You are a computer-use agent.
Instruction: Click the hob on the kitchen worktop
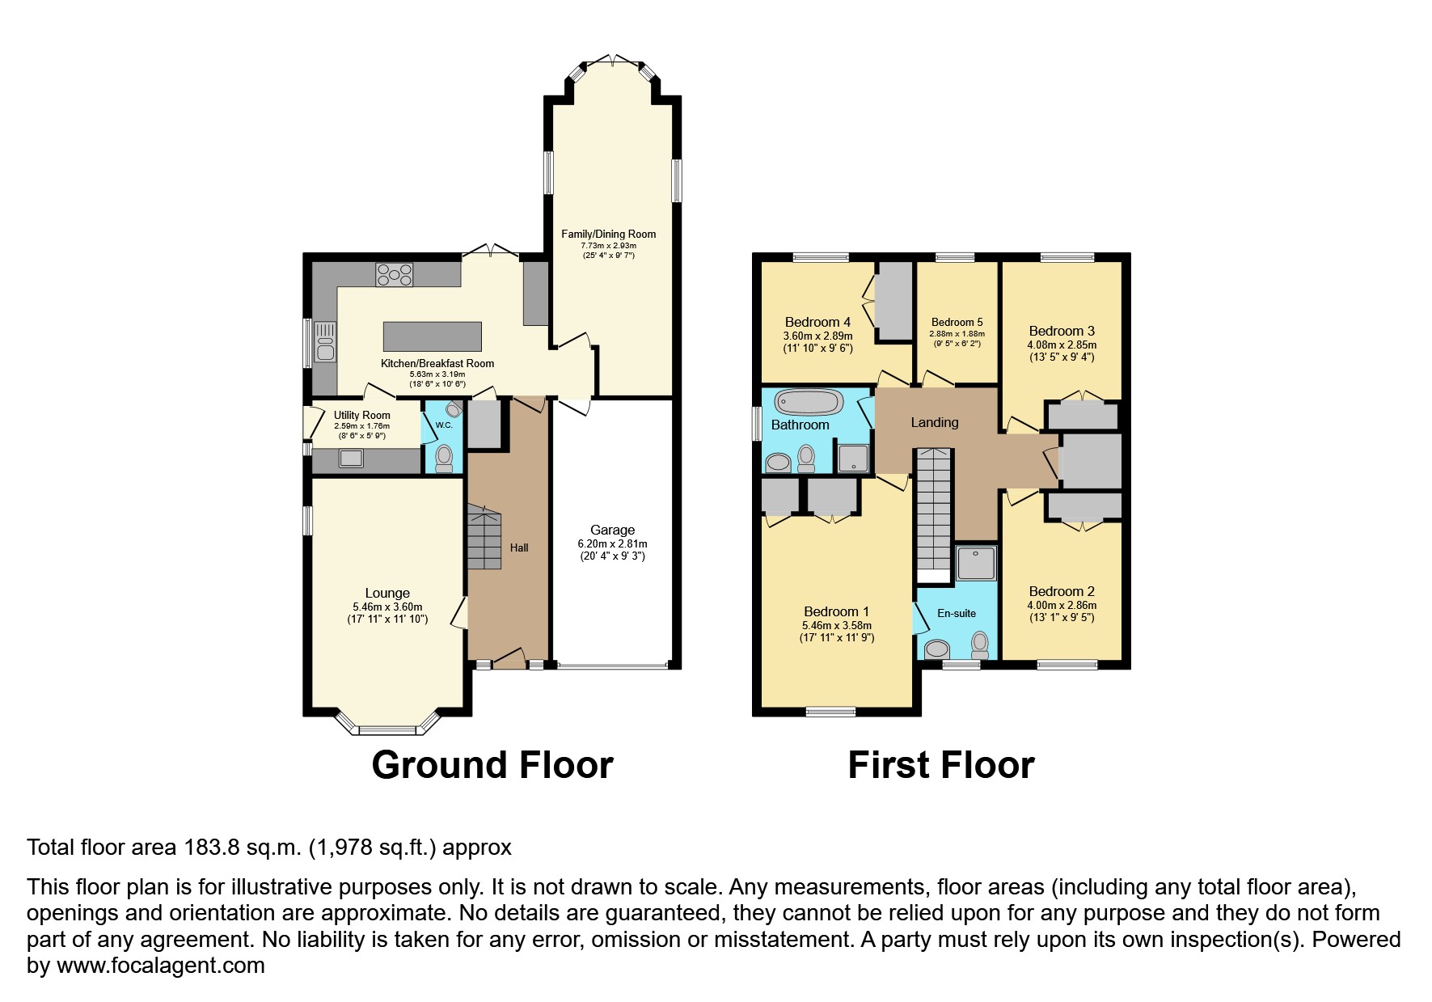(394, 275)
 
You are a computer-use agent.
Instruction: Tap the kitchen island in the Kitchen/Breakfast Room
(432, 335)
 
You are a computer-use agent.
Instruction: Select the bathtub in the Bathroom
(809, 402)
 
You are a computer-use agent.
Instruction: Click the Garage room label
(612, 531)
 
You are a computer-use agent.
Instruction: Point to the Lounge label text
(387, 593)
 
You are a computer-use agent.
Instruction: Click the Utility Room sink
(352, 459)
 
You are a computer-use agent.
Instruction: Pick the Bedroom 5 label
(957, 322)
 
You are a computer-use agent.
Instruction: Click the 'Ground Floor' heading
(492, 765)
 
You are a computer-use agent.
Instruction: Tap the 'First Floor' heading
(940, 765)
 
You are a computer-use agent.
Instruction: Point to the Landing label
(934, 422)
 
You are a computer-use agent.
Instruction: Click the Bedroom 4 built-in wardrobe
(893, 301)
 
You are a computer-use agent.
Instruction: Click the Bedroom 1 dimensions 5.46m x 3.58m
(836, 625)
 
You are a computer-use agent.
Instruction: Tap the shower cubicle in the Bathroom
(852, 458)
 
